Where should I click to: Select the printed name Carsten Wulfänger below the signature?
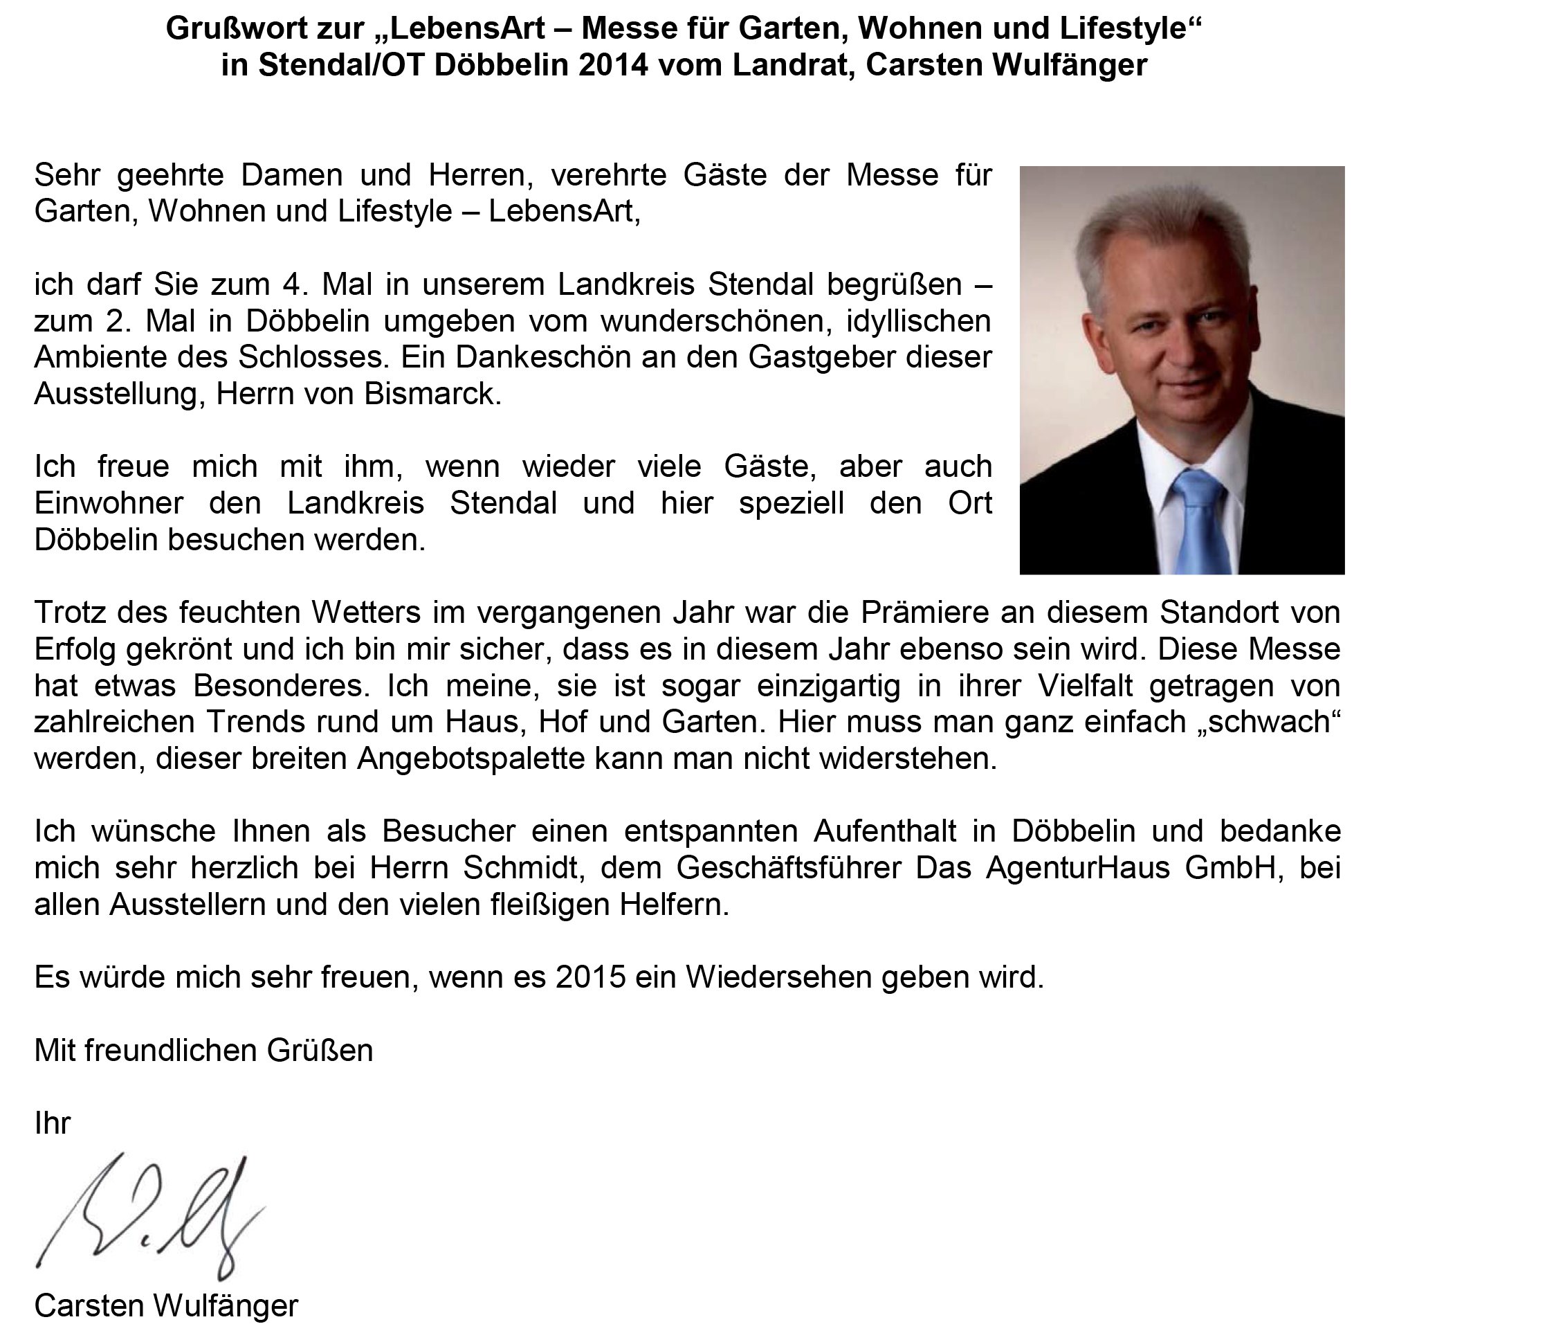point(166,1306)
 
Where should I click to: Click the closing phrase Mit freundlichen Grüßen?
point(203,1051)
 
